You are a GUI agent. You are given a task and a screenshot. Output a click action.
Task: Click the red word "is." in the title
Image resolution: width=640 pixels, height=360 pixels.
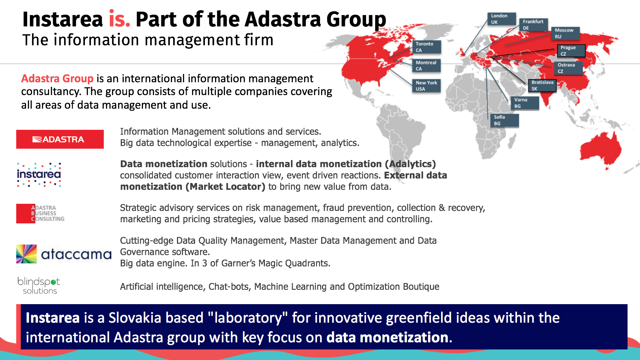[x=119, y=19]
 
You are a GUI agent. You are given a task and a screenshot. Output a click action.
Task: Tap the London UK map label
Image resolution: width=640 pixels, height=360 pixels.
[x=502, y=19]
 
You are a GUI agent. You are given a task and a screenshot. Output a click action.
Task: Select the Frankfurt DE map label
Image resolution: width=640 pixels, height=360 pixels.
[x=534, y=25]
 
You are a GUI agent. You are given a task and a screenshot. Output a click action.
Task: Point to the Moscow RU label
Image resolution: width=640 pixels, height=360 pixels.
[x=565, y=33]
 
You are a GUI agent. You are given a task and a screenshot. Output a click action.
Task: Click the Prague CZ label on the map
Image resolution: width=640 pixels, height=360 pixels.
[x=571, y=51]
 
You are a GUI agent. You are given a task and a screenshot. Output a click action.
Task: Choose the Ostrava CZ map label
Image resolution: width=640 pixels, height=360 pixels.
[x=568, y=68]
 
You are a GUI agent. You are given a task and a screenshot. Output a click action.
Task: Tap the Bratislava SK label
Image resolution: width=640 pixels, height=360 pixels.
[x=542, y=85]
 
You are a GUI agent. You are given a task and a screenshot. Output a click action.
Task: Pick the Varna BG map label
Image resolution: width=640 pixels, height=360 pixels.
[x=525, y=103]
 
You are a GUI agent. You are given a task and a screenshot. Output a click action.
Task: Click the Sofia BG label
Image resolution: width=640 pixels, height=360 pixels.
[x=504, y=120]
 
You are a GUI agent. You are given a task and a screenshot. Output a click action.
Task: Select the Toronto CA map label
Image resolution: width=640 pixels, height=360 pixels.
[x=426, y=47]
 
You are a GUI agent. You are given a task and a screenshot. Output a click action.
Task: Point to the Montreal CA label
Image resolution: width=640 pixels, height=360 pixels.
[x=426, y=65]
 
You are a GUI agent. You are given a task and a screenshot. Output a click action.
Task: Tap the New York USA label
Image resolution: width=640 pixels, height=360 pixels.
[x=426, y=86]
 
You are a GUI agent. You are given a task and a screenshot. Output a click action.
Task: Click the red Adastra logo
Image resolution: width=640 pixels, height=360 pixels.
[x=60, y=139]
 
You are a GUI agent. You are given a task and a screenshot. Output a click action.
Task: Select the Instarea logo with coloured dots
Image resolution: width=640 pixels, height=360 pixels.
[x=39, y=175]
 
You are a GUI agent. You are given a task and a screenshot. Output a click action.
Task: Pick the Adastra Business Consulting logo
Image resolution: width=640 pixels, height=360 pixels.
[x=40, y=214]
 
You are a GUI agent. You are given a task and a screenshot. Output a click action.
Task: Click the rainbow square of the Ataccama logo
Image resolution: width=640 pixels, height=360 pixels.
[x=26, y=254]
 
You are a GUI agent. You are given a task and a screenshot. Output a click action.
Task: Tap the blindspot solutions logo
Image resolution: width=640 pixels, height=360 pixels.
[x=39, y=285]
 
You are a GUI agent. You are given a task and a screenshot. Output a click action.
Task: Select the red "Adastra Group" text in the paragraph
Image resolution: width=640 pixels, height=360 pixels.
[x=57, y=78]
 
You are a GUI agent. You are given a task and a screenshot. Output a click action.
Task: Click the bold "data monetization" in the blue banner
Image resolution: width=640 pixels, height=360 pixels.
[x=388, y=337]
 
